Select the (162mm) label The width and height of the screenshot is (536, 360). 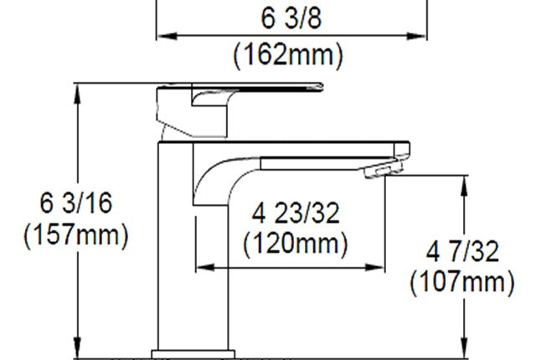[289, 55]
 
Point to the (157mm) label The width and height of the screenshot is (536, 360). [76, 235]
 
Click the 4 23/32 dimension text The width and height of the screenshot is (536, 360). [296, 213]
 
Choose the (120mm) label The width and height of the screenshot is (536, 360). [296, 245]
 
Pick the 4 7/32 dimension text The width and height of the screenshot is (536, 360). [461, 250]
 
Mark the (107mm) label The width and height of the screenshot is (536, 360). [461, 282]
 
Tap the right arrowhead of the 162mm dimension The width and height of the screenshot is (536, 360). [420, 35]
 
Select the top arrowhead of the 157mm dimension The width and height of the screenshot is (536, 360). [80, 90]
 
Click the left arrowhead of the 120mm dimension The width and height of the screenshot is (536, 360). [201, 268]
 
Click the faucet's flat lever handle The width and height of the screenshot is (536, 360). [251, 88]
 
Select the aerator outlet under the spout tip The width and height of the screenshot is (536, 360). [379, 172]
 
